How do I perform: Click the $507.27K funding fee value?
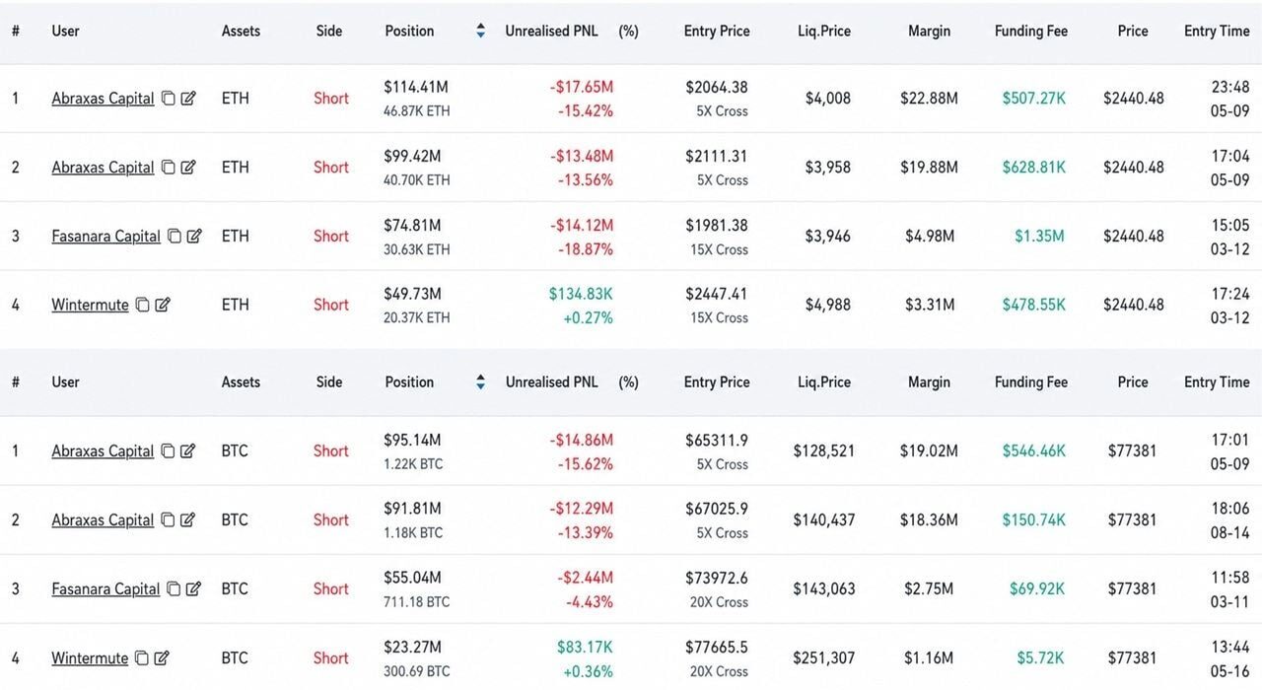coord(1034,99)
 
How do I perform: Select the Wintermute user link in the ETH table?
coord(90,305)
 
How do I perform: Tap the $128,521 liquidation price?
coord(823,451)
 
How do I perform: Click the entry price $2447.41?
coord(717,294)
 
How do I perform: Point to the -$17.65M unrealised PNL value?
coord(582,87)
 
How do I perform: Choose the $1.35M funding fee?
coord(1039,236)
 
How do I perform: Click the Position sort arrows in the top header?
coord(480,31)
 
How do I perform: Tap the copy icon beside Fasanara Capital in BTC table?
coord(174,588)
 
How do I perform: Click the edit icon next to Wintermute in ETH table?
coord(163,305)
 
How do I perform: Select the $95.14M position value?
coord(412,440)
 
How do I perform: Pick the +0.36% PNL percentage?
coord(588,671)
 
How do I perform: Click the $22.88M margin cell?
coord(929,99)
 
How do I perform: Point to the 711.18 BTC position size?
coord(417,602)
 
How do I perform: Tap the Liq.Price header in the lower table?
coord(824,381)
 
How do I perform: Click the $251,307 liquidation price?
coord(823,657)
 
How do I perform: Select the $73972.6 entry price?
coord(717,578)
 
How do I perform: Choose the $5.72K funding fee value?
coord(1040,657)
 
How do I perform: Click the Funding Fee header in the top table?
coord(1031,31)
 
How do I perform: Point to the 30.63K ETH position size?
coord(417,249)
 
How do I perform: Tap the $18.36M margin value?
coord(929,519)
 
